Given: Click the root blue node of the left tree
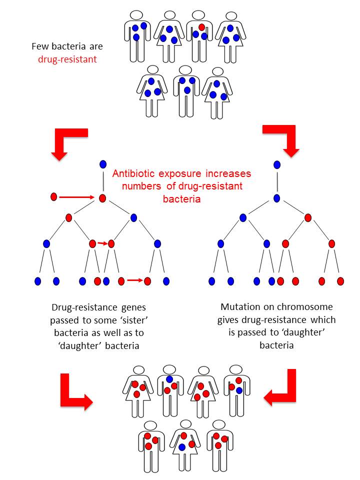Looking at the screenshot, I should (102, 164).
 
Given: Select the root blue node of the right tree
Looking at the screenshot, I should (276, 164).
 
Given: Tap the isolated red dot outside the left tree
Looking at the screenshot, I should (54, 197).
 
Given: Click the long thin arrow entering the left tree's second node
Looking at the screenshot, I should (77, 197).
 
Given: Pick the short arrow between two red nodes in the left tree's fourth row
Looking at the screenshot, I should (102, 243).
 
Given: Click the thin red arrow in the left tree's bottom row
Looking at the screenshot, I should (134, 280).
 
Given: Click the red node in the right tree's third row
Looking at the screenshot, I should (308, 217).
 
